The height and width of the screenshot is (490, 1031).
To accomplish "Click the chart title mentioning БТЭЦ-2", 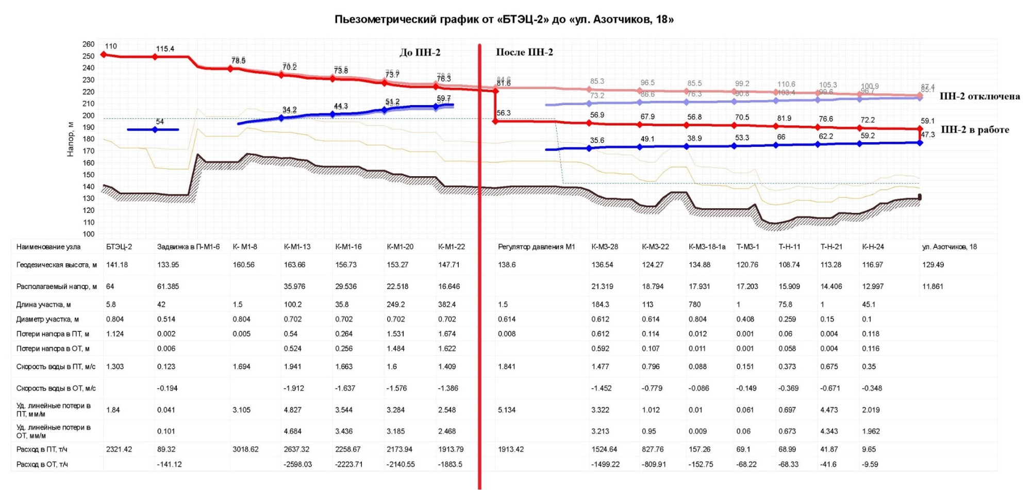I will pyautogui.click(x=504, y=20).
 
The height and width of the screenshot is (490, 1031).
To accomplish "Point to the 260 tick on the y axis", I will pyautogui.click(x=88, y=44).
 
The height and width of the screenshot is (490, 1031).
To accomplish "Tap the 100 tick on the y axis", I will pyautogui.click(x=88, y=234).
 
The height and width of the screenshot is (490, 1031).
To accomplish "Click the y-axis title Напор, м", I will pyautogui.click(x=71, y=139).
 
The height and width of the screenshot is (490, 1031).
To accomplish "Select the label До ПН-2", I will pyautogui.click(x=420, y=53).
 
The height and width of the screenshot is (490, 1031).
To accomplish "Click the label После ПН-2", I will pyautogui.click(x=524, y=52).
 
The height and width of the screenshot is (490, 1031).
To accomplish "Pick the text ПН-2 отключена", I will pyautogui.click(x=979, y=96).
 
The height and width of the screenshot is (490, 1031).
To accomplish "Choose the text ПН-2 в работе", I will pyautogui.click(x=975, y=130).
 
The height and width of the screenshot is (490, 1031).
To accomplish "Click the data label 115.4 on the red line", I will pyautogui.click(x=165, y=49).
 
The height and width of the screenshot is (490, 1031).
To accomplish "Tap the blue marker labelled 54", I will pyautogui.click(x=155, y=130).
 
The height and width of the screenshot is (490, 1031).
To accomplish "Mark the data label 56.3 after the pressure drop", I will pyautogui.click(x=504, y=113).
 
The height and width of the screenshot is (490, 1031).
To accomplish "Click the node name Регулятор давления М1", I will pyautogui.click(x=536, y=247).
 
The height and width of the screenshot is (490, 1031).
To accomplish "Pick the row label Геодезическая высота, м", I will pyautogui.click(x=56, y=265).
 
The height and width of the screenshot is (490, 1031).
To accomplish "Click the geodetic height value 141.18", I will pyautogui.click(x=117, y=265).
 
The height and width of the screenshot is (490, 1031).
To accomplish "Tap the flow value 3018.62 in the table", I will pyautogui.click(x=245, y=449).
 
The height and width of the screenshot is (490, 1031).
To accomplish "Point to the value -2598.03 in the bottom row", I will pyautogui.click(x=297, y=464).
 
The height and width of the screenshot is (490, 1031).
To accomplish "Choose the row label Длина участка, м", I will pyautogui.click(x=43, y=305).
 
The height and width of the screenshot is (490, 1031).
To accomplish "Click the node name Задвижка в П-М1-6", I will pyautogui.click(x=188, y=247).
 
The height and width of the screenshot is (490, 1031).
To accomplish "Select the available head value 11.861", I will pyautogui.click(x=933, y=286).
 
